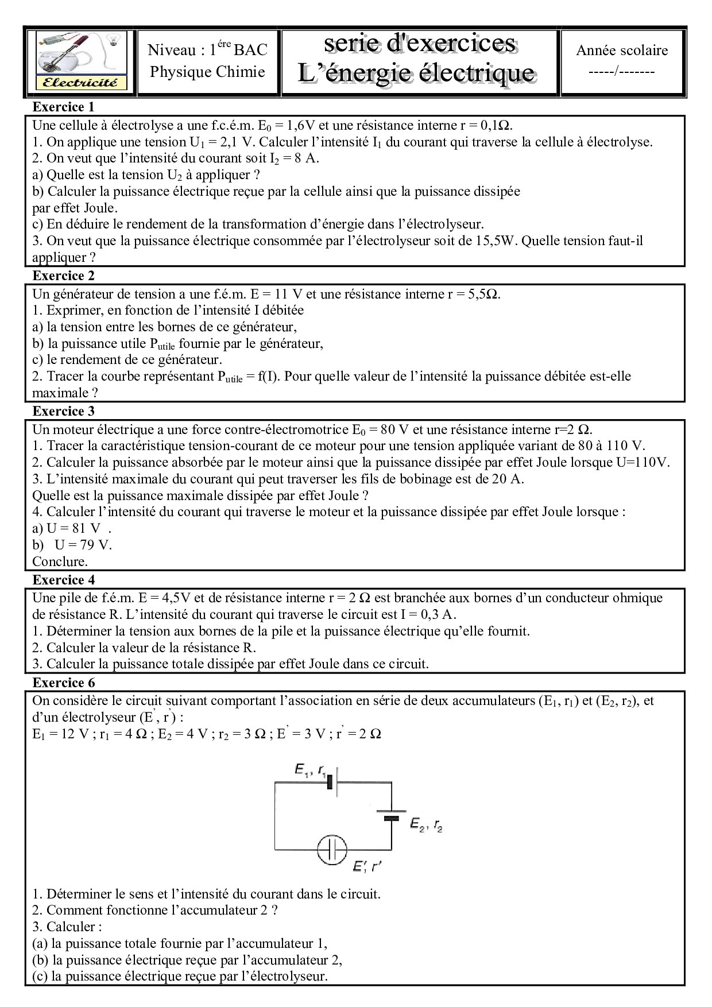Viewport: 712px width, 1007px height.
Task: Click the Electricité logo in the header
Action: click(x=80, y=61)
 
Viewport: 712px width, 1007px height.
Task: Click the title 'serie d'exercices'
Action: click(x=420, y=44)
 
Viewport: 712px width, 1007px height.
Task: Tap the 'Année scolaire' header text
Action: click(x=622, y=51)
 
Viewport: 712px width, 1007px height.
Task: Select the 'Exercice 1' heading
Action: click(x=63, y=107)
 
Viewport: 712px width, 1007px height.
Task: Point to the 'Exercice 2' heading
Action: click(x=63, y=276)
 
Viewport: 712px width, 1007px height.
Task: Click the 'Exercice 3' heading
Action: click(x=63, y=411)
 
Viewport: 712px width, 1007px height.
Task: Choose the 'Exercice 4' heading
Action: click(x=63, y=580)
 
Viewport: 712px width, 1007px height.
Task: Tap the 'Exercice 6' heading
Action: click(x=63, y=683)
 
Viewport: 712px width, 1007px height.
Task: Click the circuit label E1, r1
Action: click(x=311, y=770)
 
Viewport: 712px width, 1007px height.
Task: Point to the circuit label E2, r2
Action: click(x=426, y=825)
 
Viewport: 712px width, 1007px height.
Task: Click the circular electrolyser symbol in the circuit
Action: click(x=332, y=850)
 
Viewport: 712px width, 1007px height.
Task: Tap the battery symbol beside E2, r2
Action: click(x=391, y=815)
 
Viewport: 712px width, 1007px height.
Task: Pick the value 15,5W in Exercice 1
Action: click(x=496, y=241)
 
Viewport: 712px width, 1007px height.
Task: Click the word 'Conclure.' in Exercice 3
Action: click(x=60, y=561)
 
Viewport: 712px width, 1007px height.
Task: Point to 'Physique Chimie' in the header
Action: click(x=207, y=72)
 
